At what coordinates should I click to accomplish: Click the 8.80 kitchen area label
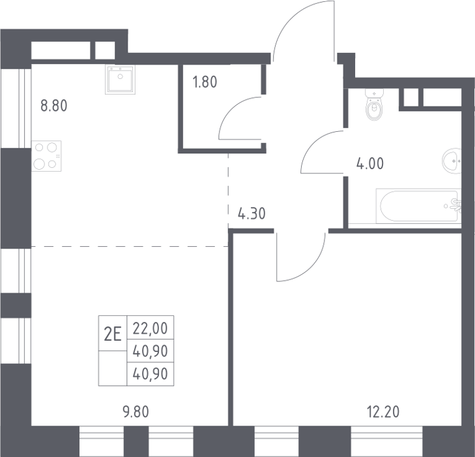54,106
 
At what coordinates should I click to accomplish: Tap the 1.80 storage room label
205,82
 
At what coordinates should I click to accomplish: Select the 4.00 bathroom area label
370,164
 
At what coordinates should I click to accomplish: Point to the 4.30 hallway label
252,213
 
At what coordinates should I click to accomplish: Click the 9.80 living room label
136,412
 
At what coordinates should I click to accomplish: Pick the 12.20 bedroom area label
383,412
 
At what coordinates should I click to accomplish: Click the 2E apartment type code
113,334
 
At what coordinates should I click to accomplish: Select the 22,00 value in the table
151,328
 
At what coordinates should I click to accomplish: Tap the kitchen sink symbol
121,79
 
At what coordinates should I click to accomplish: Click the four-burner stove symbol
46,156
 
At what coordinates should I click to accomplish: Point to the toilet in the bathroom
375,104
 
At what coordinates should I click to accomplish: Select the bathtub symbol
418,206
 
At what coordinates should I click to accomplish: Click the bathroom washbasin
452,161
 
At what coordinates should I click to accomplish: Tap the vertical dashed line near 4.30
229,191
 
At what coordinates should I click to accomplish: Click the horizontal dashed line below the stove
130,246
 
